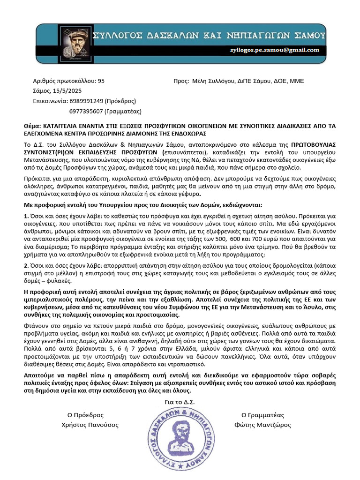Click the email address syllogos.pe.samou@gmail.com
point(275,50)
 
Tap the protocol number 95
point(101,81)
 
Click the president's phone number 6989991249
point(86,101)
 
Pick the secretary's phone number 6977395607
point(86,111)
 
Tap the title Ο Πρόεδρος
point(85,415)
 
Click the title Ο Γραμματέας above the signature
point(262,415)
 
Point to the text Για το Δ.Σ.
point(180,402)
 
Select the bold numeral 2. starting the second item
point(26,265)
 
